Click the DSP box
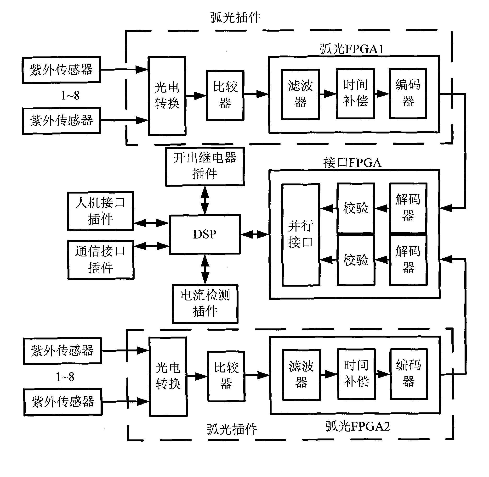205,234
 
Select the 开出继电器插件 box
205,166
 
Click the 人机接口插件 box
100,211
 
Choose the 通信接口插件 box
101,260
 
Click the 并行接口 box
301,235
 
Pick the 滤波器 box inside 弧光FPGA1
300,94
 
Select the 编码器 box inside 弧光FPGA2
409,374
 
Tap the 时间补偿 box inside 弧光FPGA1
355,94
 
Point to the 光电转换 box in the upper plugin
167,96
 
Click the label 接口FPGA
352,163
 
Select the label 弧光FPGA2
358,426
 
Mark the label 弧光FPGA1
352,49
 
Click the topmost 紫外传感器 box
61,70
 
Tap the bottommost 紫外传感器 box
63,402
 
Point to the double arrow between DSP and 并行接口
255,234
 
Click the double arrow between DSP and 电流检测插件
205,269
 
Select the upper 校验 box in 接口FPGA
356,208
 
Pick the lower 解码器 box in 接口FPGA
408,260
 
